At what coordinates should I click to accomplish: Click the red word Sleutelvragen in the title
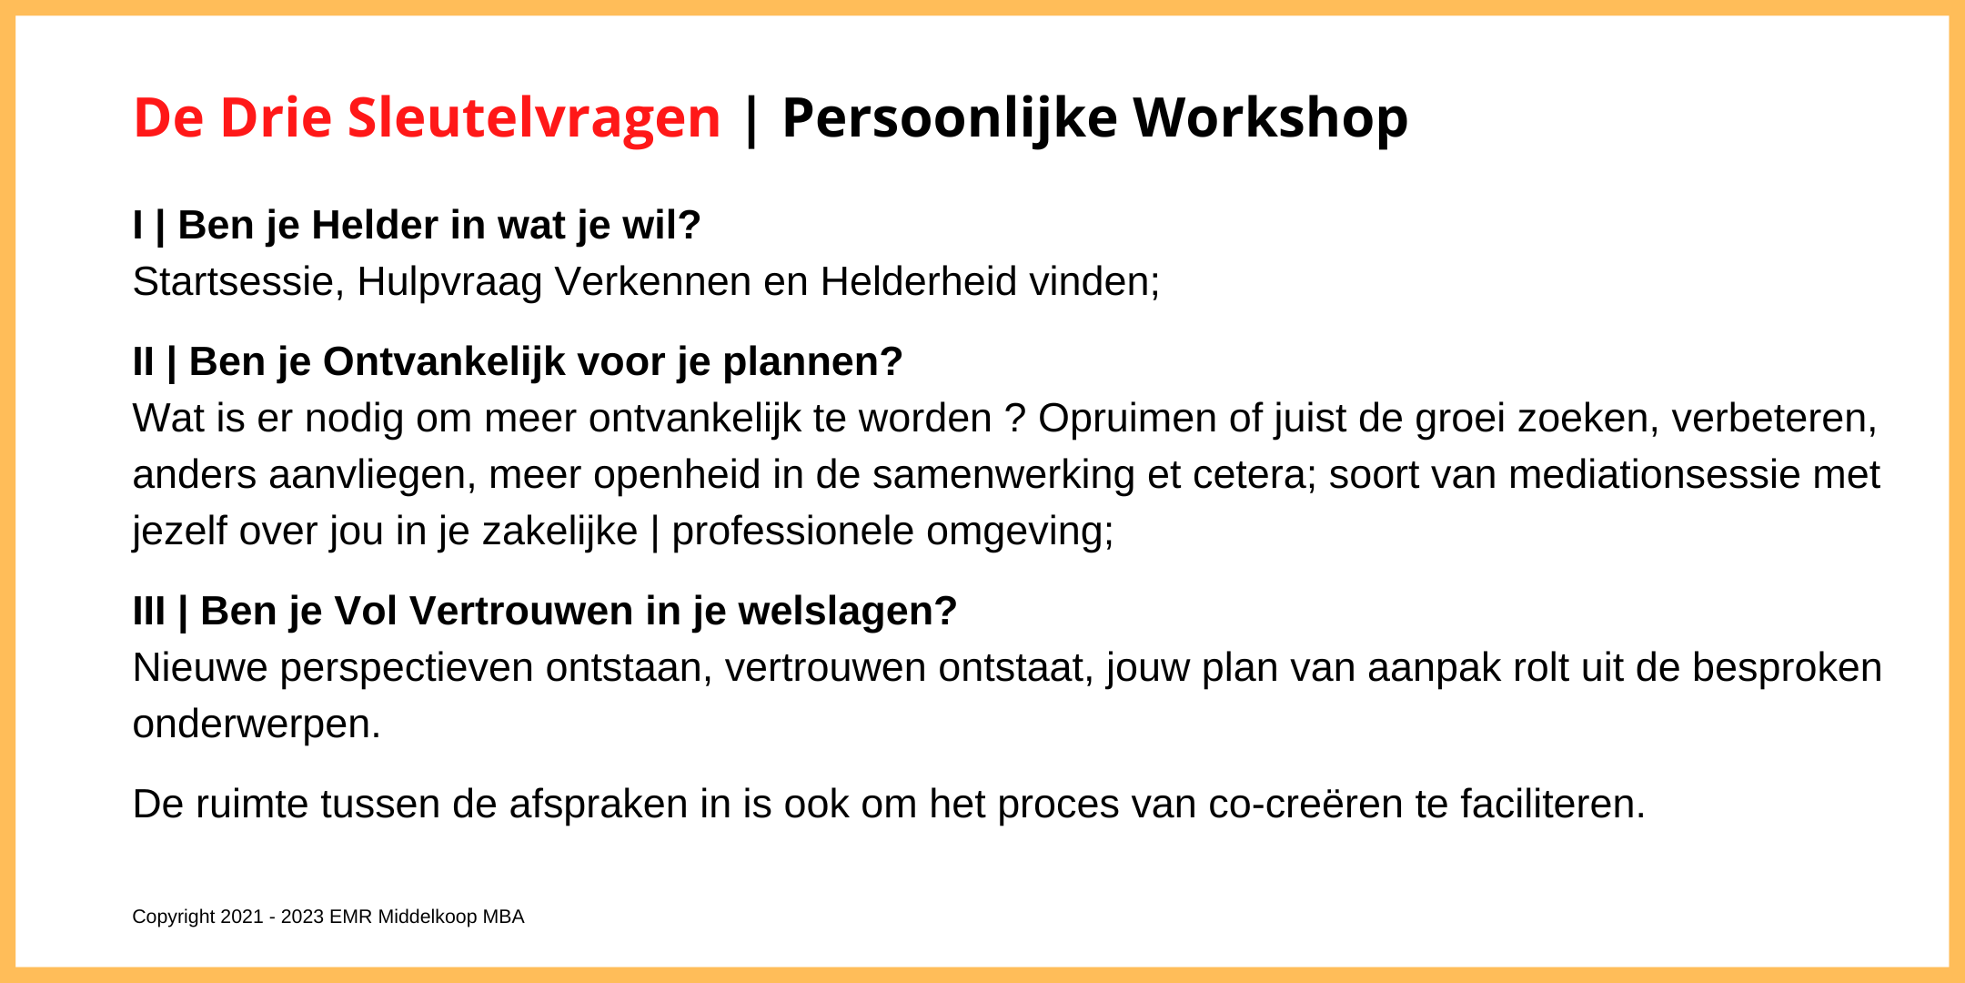534,119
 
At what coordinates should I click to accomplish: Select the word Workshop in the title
1270,119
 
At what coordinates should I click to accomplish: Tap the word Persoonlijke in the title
950,119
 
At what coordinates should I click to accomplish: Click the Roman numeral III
149,611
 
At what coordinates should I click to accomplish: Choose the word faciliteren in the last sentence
1553,805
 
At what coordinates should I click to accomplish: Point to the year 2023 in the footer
302,917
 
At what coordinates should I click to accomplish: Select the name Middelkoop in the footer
428,917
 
